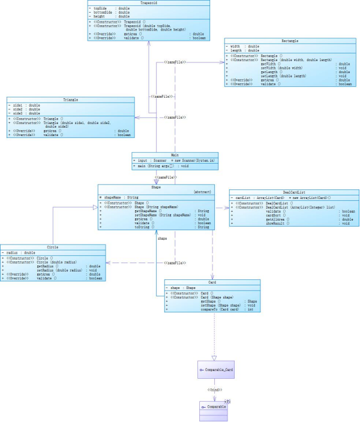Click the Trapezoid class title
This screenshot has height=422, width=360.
click(148, 2)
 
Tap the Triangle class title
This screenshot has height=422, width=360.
click(70, 100)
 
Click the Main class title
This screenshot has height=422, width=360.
click(175, 155)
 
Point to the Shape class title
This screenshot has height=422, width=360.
click(156, 187)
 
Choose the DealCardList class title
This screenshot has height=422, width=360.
click(295, 192)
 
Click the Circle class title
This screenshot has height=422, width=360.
click(53, 247)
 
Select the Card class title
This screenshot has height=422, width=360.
click(212, 282)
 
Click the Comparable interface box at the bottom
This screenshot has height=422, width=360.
click(214, 407)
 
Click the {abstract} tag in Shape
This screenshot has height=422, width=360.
click(202, 192)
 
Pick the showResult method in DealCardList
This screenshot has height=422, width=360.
click(274, 224)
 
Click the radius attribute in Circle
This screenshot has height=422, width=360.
click(17, 252)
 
